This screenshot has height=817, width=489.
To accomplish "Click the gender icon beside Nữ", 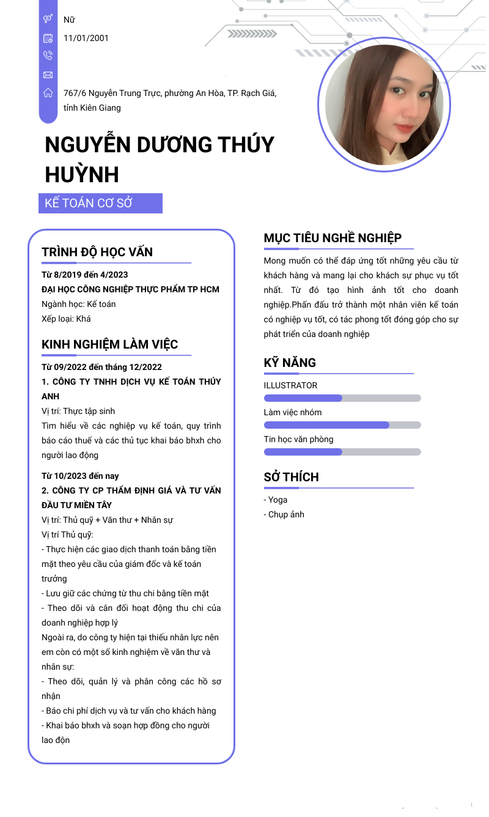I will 48,20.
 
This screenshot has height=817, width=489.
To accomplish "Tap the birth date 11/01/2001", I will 86,38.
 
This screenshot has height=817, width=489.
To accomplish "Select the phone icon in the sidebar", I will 48,56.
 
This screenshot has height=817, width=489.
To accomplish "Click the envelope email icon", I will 48,75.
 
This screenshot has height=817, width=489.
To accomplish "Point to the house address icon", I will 48,93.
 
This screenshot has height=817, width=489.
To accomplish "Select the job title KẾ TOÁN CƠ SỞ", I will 89,203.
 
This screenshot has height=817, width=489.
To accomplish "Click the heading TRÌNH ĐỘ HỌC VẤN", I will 97,252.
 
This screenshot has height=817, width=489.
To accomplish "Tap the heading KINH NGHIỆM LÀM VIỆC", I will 110,344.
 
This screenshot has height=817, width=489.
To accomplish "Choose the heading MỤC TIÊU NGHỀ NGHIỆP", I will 333,238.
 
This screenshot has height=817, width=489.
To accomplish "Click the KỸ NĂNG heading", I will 290,363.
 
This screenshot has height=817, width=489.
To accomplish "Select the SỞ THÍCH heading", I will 292,477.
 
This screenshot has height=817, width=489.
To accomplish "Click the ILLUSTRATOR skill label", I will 290,385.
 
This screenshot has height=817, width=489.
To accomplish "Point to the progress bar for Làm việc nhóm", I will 342,425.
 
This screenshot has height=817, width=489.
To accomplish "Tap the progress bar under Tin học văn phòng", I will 342,452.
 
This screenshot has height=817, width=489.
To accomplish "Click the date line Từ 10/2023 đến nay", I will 80,476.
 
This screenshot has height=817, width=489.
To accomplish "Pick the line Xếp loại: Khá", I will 66,319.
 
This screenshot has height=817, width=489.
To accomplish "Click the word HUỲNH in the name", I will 82,176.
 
